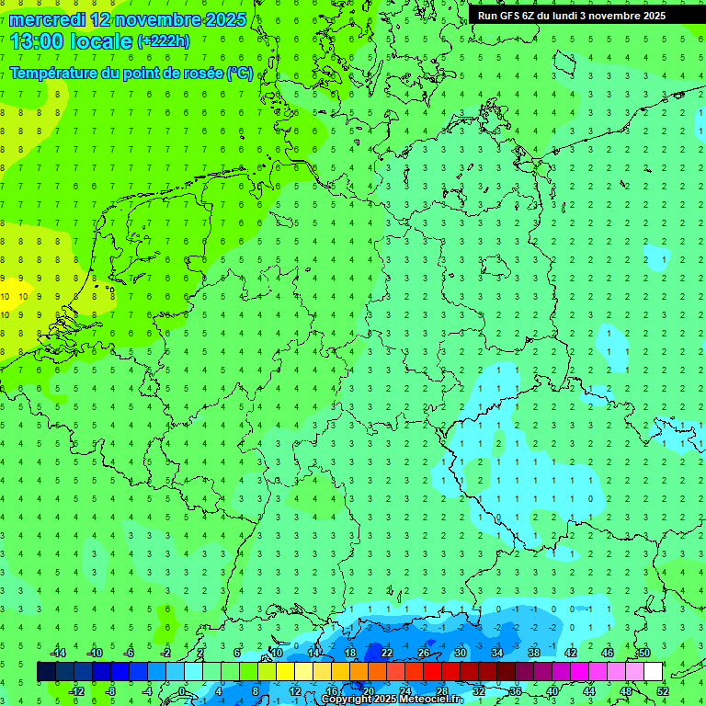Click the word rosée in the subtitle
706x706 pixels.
[200, 73]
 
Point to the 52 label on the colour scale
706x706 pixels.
[662, 690]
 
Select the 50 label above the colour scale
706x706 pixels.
[643, 652]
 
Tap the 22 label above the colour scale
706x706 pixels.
[387, 652]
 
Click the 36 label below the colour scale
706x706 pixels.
[515, 690]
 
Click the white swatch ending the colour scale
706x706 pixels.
[653, 671]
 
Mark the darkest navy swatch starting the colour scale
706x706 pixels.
[46, 671]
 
